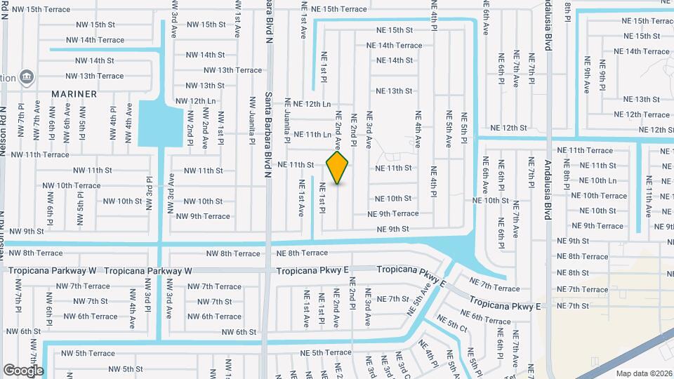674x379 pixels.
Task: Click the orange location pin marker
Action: click(x=338, y=167)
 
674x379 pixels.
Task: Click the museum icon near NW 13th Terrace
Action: click(x=26, y=76)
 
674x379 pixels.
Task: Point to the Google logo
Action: click(x=23, y=370)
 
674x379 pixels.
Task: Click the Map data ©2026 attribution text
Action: click(x=644, y=373)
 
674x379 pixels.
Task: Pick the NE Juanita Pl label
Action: click(x=287, y=128)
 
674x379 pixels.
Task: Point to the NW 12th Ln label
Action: click(x=194, y=101)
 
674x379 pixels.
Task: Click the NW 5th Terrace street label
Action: click(x=88, y=353)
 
